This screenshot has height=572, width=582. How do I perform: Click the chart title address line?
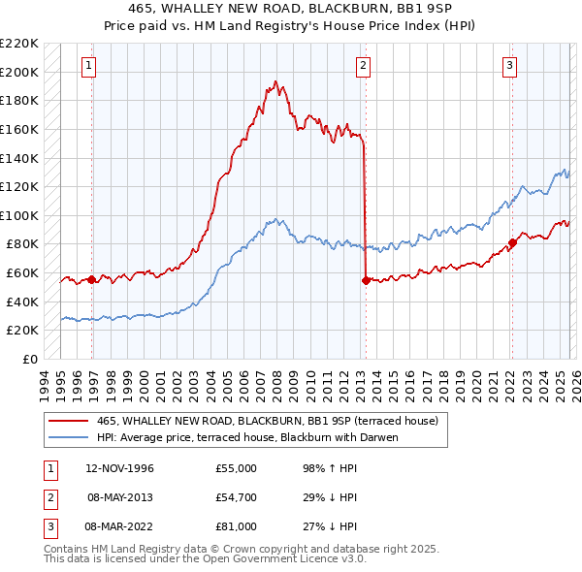pyautogui.click(x=291, y=10)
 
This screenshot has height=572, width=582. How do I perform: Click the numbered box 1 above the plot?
pyautogui.click(x=88, y=66)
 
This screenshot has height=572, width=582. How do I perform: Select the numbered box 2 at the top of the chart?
pyautogui.click(x=363, y=66)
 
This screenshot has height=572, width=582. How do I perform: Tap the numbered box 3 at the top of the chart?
pyautogui.click(x=509, y=66)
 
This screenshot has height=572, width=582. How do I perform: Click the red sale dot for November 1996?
pyautogui.click(x=92, y=280)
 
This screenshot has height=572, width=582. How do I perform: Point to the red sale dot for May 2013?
pyautogui.click(x=366, y=280)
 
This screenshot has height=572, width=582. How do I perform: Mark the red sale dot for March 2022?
pyautogui.click(x=512, y=242)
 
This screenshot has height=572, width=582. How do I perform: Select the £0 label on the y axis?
pyautogui.click(x=29, y=359)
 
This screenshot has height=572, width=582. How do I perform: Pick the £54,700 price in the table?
pyautogui.click(x=237, y=497)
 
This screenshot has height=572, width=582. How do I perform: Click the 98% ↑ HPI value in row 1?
pyautogui.click(x=330, y=468)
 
